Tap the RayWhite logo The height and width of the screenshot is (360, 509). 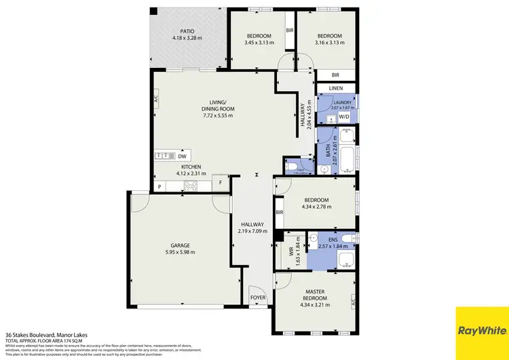pos(482,331)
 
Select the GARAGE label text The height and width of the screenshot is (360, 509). pos(177,245)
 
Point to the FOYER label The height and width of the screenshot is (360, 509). pos(259,297)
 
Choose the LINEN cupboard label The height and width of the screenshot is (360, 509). pos(336,88)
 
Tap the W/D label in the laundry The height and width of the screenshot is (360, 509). pos(344,117)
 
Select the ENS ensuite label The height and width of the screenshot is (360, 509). pos(332,239)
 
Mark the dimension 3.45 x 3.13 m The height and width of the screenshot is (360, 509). pos(259,42)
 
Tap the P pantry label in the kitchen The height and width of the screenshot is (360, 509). pos(159,186)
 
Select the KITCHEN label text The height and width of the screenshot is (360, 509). pos(190,167)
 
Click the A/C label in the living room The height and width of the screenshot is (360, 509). pos(156,98)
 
